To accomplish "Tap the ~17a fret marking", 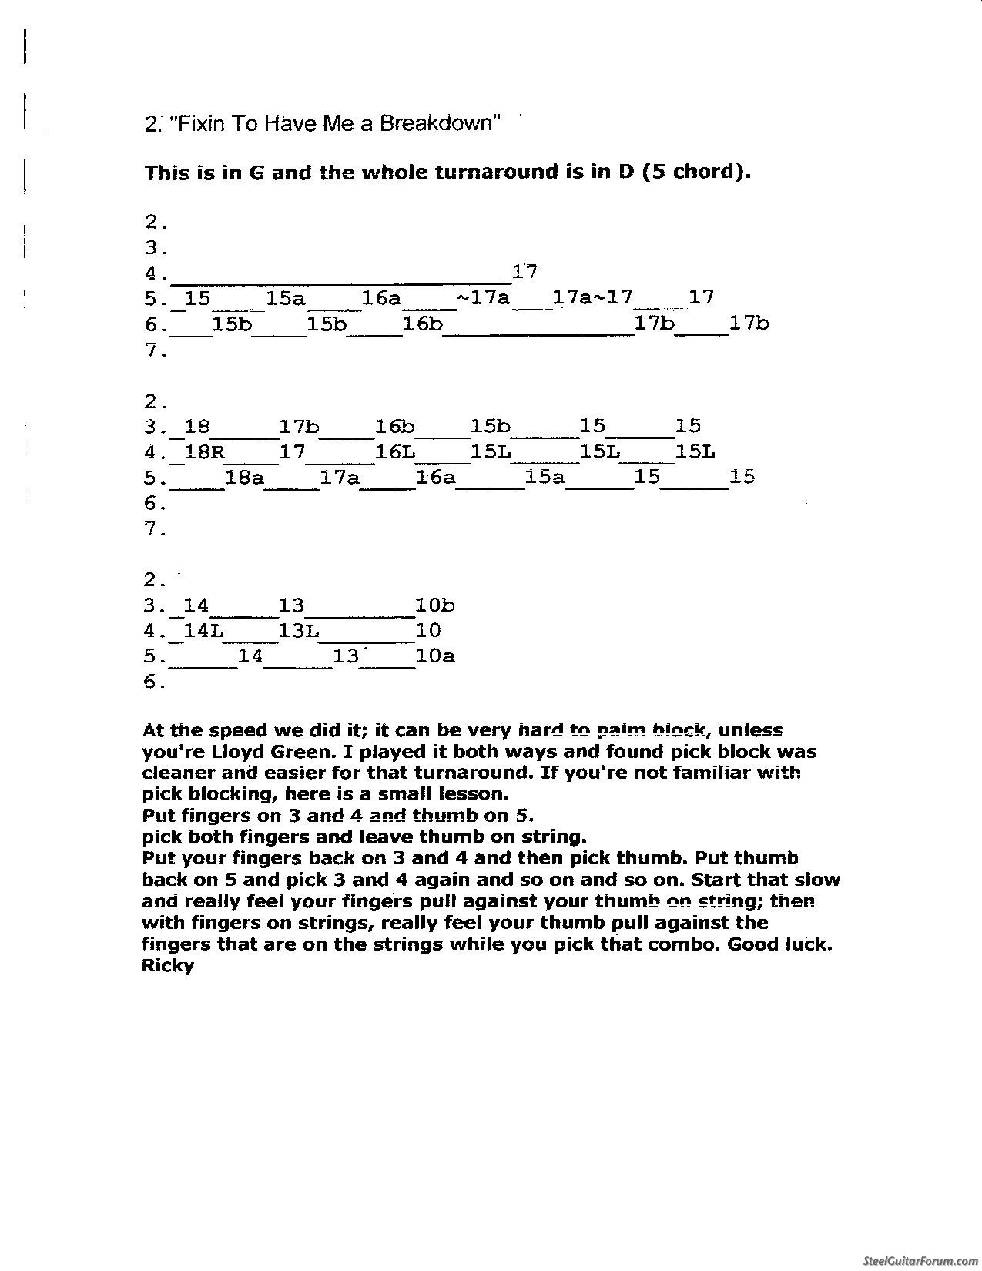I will tap(484, 297).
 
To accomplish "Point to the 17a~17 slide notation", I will tap(593, 297).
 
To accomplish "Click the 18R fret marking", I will tap(204, 452).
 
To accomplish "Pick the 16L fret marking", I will tap(394, 452).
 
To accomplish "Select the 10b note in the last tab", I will tap(434, 605).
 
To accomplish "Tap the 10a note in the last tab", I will tap(434, 656).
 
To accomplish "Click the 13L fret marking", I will tap(298, 631).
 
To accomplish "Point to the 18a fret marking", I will tap(245, 478).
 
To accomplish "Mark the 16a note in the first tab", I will tap(381, 297).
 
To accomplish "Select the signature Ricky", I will tap(168, 965).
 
